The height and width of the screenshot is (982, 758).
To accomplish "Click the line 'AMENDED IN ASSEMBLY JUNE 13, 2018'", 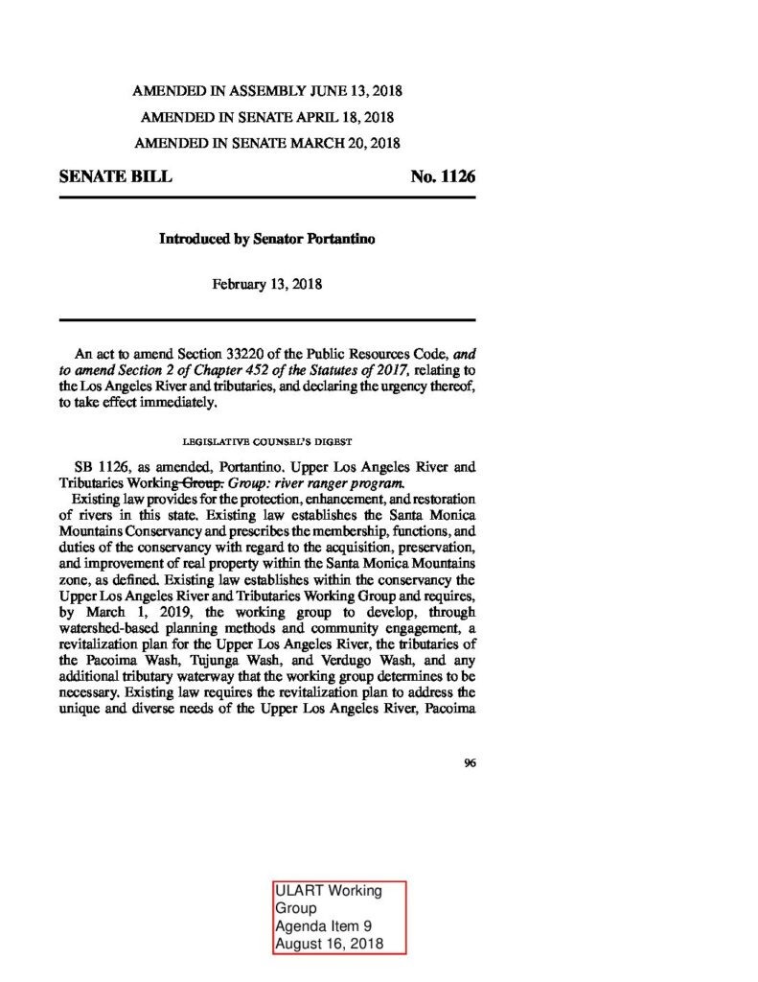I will click(267, 92).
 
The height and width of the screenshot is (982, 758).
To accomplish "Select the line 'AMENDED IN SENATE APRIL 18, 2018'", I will click(267, 117).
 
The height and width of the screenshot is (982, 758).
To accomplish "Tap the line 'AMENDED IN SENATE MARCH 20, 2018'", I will click(267, 143).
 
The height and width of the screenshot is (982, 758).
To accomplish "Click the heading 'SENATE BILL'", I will click(116, 177).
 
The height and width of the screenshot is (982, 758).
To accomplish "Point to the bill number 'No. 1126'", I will click(443, 177).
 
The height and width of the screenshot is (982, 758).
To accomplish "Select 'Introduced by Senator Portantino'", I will click(266, 239).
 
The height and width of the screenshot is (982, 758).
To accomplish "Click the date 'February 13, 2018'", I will click(266, 284).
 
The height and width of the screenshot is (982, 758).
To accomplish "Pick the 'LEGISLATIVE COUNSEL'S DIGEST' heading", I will click(267, 441).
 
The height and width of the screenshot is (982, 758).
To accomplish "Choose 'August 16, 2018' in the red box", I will click(329, 945).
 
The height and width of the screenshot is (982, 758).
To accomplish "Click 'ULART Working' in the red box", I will click(328, 891).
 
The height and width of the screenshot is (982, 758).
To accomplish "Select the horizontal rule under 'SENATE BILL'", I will click(267, 198).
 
